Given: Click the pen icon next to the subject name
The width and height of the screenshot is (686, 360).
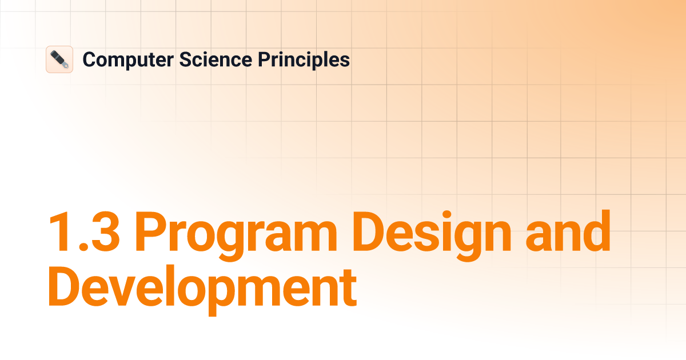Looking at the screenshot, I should pos(59,59).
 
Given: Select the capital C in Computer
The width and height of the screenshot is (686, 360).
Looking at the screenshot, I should pos(89,59).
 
